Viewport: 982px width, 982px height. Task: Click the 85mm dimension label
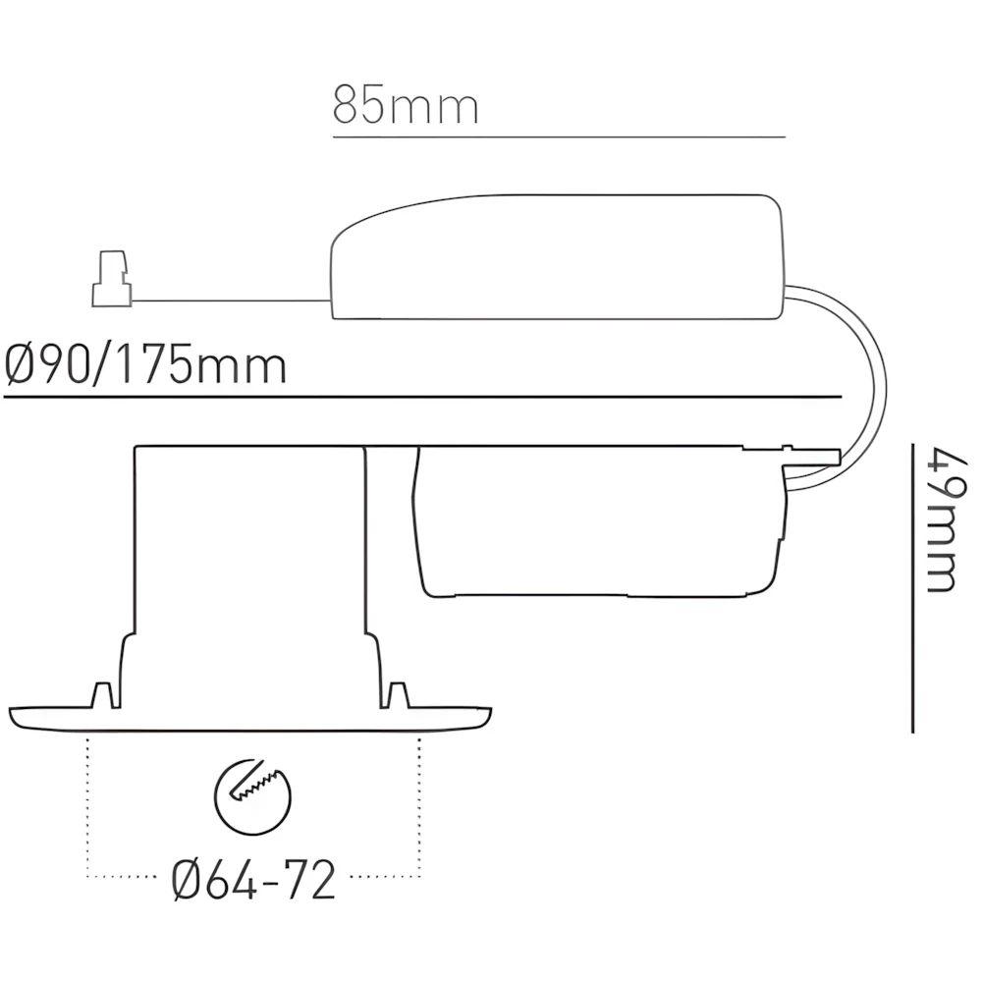(x=406, y=105)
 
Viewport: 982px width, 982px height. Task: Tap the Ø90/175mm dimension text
(x=145, y=365)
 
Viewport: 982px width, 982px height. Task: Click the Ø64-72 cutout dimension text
(x=253, y=881)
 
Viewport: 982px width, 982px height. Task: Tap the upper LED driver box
(x=557, y=260)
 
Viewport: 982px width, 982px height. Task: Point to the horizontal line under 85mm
(x=559, y=137)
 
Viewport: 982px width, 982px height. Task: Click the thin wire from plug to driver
(x=232, y=300)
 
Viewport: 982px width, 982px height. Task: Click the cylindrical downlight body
(x=248, y=560)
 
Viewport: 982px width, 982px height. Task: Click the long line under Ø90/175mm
(x=422, y=397)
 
